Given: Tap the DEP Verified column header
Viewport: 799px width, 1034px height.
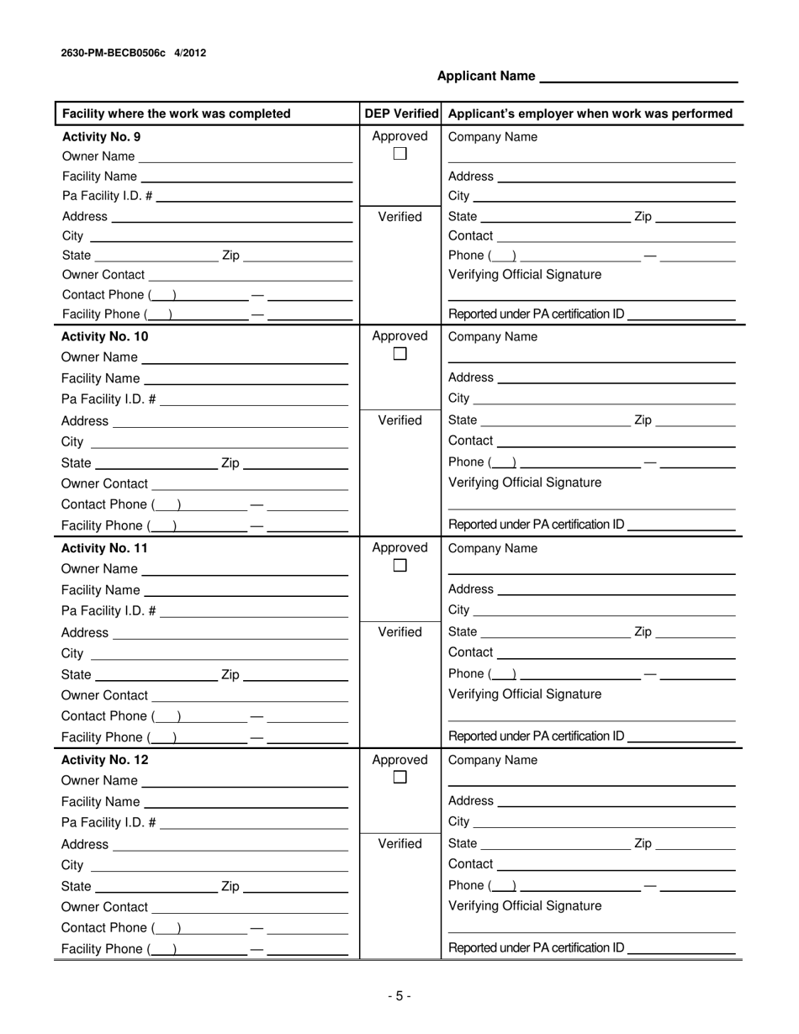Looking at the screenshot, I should click(401, 113).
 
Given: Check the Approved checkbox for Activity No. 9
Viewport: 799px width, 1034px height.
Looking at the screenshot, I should click(400, 154).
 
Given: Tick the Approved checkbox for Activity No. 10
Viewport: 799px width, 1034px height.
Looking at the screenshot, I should click(400, 355).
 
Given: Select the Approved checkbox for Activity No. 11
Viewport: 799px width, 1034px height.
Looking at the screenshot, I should click(400, 567).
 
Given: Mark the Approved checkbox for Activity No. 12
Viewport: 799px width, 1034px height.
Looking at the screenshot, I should click(400, 778).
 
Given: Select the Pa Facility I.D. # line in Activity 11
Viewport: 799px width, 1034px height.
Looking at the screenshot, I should click(253, 611).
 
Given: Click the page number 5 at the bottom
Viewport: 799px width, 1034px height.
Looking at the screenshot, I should click(399, 996).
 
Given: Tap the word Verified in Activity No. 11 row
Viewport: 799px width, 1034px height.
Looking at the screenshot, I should click(400, 632).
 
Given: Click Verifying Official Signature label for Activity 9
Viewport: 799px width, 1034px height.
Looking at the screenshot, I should click(525, 275).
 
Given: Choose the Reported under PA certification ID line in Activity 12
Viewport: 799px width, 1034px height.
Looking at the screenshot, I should click(681, 948).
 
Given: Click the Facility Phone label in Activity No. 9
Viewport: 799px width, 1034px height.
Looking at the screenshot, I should click(101, 315).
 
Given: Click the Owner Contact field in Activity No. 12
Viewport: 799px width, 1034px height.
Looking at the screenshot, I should click(251, 907).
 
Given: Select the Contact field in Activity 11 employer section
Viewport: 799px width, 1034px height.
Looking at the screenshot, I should click(616, 652).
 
